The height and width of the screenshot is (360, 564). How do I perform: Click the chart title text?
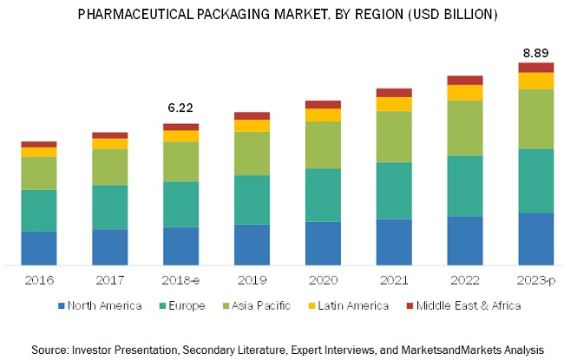(281, 15)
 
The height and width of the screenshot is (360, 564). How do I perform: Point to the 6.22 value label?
(180, 108)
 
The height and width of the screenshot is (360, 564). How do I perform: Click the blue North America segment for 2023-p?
(535, 239)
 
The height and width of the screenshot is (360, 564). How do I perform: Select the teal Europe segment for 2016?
(38, 210)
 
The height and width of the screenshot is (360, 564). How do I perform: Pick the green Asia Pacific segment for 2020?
(323, 144)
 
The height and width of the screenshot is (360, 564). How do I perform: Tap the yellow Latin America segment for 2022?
(464, 92)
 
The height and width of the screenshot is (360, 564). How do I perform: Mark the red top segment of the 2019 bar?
(252, 115)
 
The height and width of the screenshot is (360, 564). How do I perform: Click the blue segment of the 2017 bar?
(109, 246)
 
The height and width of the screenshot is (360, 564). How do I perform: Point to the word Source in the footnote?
(49, 348)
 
